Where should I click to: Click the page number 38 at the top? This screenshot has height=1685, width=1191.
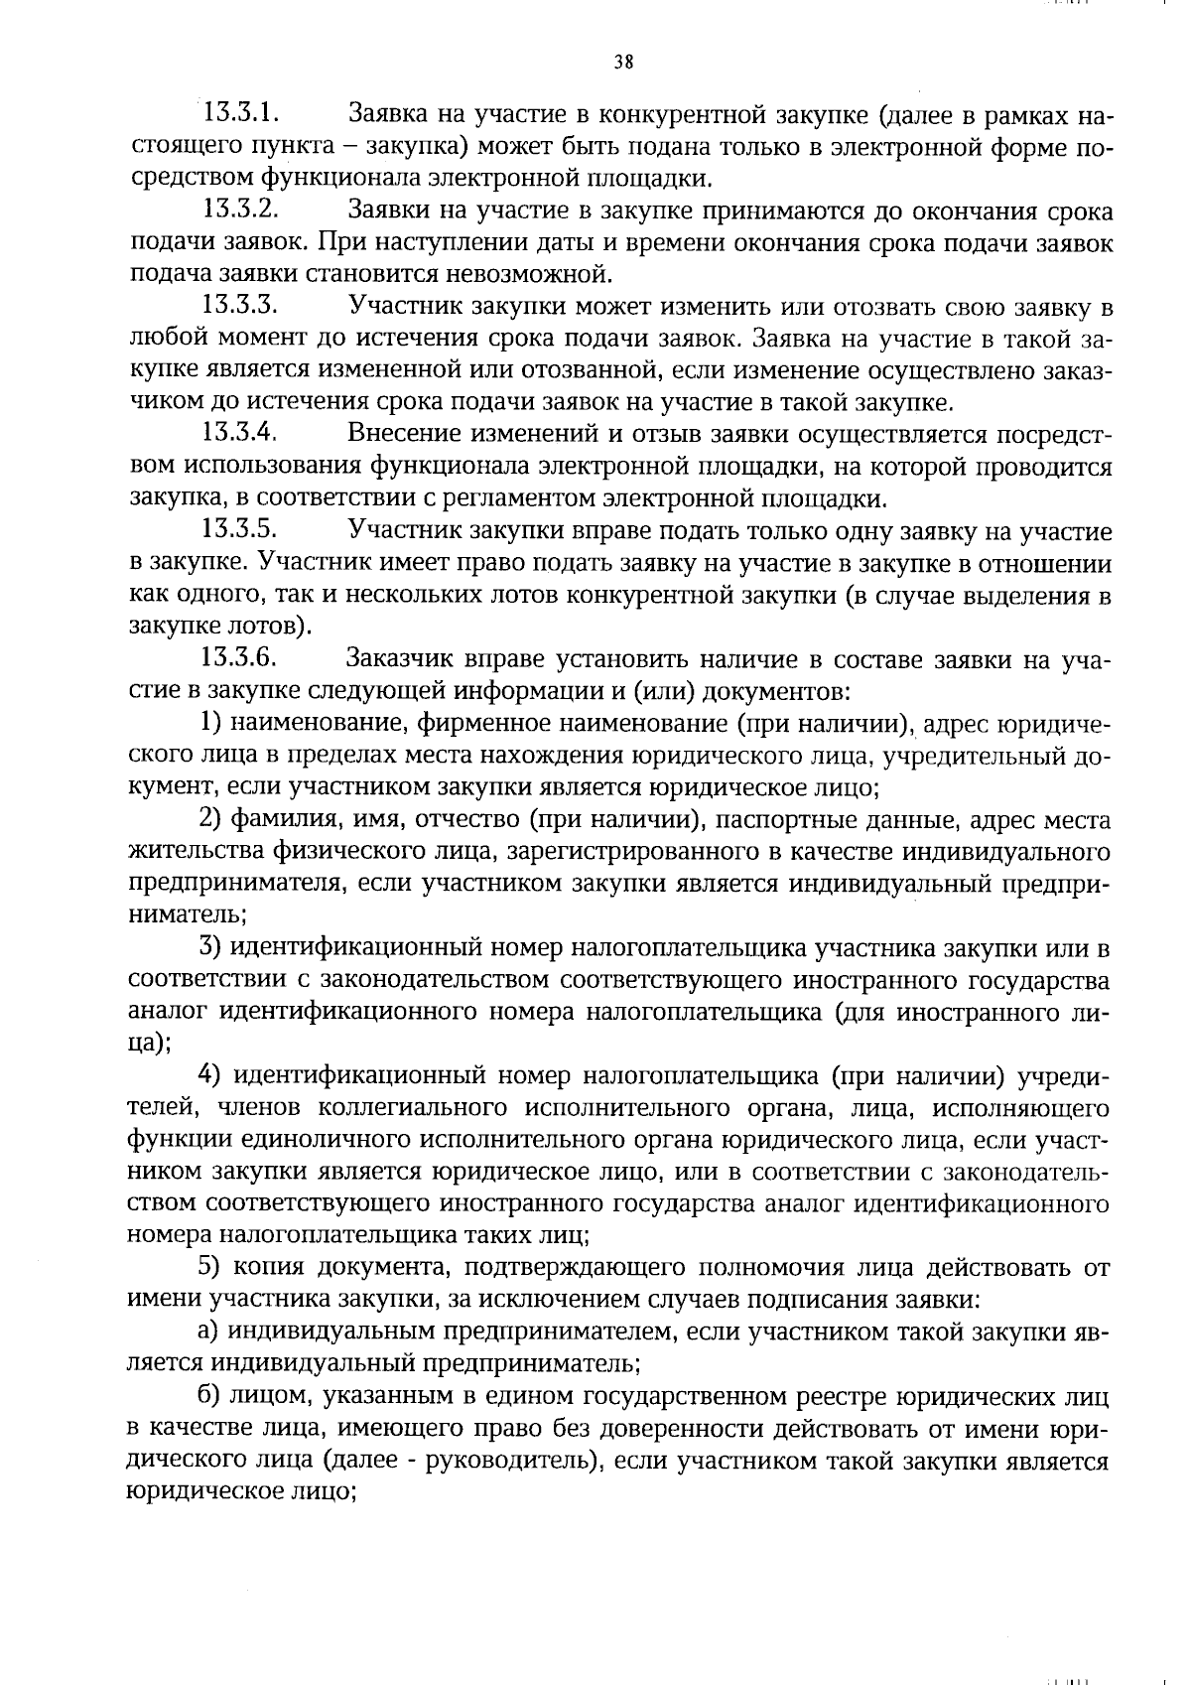click(x=623, y=62)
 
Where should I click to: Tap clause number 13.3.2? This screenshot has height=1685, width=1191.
click(x=239, y=211)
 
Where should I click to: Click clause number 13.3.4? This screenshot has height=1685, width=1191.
click(x=239, y=433)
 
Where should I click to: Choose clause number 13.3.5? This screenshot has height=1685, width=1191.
click(x=239, y=530)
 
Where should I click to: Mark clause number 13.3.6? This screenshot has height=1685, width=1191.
click(x=239, y=657)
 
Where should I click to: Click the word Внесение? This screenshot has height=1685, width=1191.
click(x=402, y=434)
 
